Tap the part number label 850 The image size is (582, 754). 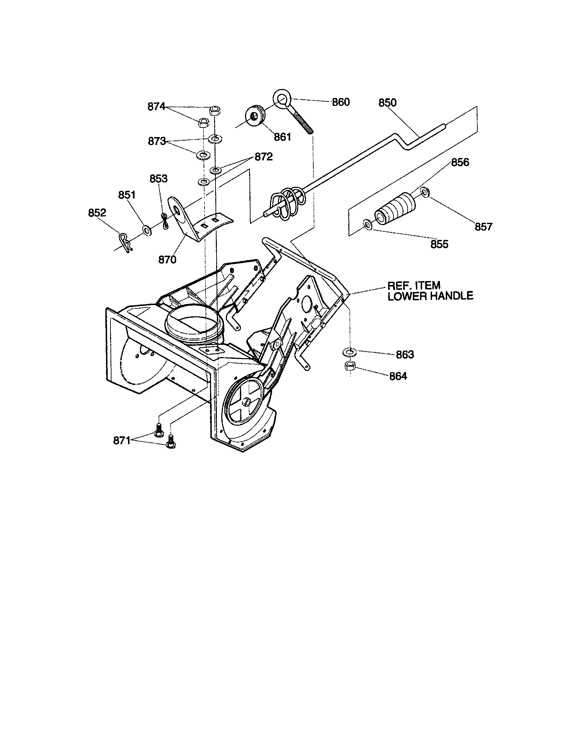(x=387, y=103)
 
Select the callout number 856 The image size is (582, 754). (x=460, y=162)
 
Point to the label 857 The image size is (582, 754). (x=483, y=227)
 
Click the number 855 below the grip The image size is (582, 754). (x=439, y=244)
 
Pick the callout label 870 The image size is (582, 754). (x=167, y=260)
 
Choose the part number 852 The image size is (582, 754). (x=97, y=213)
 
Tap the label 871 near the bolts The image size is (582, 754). (x=122, y=440)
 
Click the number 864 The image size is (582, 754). (x=398, y=376)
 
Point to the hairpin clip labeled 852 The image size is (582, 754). (x=125, y=242)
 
